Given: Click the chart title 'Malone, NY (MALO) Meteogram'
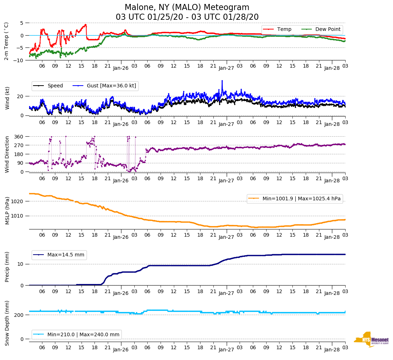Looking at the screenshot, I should pyautogui.click(x=187, y=7).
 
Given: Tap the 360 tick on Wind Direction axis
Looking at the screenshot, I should pyautogui.click(x=19, y=137).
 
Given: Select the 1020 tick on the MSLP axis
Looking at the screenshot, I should pyautogui.click(x=18, y=201).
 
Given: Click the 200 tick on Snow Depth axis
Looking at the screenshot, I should pyautogui.click(x=19, y=315).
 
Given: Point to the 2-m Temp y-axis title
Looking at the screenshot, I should pyautogui.click(x=6, y=41).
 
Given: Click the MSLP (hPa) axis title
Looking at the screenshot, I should pyautogui.click(x=7, y=210).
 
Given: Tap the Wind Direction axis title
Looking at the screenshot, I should pyautogui.click(x=7, y=154).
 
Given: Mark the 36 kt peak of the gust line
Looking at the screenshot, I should pyautogui.click(x=222, y=81).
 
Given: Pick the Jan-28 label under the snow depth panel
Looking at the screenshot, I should pyautogui.click(x=332, y=350).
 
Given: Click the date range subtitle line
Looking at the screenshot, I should pyautogui.click(x=187, y=17).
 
